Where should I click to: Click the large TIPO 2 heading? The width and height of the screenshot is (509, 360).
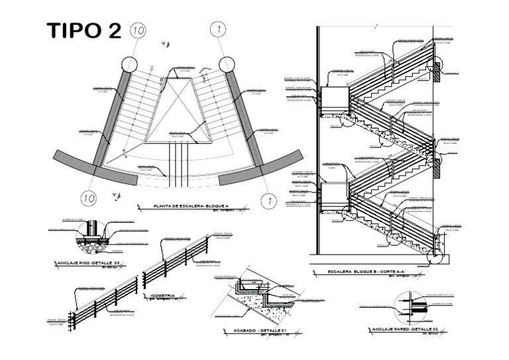(84, 30)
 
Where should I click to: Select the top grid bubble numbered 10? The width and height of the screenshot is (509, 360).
(138, 30)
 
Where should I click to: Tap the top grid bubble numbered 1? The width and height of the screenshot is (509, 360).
(219, 29)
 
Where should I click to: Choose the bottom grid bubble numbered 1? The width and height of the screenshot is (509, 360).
(268, 198)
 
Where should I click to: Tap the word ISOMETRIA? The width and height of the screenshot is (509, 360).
(162, 295)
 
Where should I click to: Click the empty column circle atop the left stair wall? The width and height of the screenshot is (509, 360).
(129, 64)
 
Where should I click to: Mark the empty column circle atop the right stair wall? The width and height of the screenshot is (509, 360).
(227, 64)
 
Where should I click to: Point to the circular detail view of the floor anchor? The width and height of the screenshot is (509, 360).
(91, 235)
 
